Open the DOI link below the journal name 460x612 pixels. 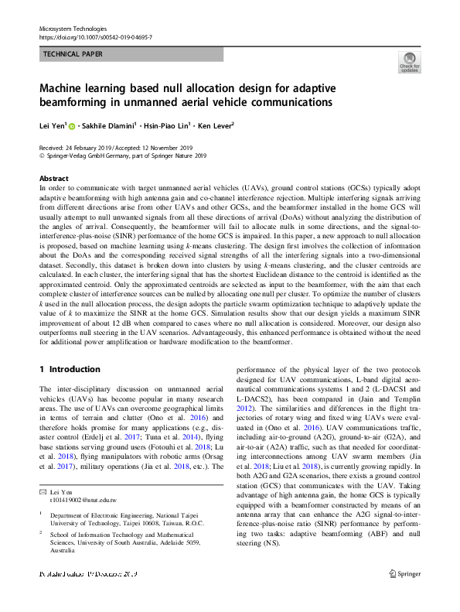[95, 37]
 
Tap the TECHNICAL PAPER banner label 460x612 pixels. [73, 55]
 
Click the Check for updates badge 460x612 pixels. [408, 62]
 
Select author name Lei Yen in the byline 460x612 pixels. [52, 125]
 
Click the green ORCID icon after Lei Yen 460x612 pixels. [72, 126]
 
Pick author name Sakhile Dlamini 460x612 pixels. [109, 125]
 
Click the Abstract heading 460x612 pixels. [53, 176]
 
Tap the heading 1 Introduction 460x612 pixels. [70, 369]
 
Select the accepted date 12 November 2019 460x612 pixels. [173, 147]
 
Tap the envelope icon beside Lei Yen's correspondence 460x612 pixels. [43, 470]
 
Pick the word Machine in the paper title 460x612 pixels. [63, 87]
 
